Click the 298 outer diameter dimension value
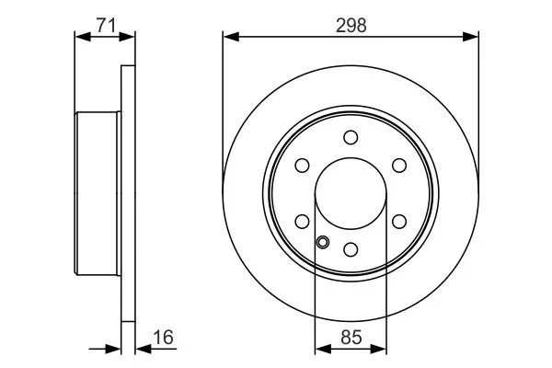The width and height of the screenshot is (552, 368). click(x=351, y=25)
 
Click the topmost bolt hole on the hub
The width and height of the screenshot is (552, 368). click(x=351, y=137)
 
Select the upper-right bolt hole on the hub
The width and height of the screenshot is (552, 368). click(x=399, y=166)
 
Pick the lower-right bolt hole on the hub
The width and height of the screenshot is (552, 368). click(x=399, y=221)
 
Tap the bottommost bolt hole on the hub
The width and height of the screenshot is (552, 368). click(x=351, y=249)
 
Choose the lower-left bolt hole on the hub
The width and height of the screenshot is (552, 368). click(x=302, y=221)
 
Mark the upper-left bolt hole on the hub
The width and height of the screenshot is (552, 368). click(x=302, y=166)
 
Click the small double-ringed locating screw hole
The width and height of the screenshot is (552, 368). click(x=323, y=243)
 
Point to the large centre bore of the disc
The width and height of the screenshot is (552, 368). click(x=351, y=193)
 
